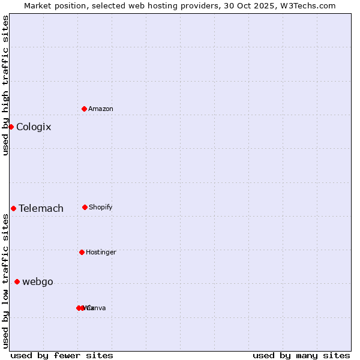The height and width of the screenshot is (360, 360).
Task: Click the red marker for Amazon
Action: click(84, 109)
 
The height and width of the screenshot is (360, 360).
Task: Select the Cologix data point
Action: click(11, 127)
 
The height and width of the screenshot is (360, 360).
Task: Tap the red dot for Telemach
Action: click(13, 208)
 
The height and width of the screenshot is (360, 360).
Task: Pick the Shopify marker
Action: click(85, 207)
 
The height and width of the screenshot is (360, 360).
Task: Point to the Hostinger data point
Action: click(82, 252)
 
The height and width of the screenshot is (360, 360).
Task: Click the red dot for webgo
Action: click(17, 281)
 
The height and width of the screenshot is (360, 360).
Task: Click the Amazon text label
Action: click(101, 109)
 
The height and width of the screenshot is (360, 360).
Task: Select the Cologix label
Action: click(34, 127)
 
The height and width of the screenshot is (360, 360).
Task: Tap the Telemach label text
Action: click(41, 208)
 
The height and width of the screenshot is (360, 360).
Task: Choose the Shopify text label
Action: click(101, 207)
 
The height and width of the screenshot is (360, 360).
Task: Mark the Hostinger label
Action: click(101, 252)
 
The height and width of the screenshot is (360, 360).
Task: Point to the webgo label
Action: click(38, 281)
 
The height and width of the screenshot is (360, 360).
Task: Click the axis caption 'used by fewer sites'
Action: click(62, 355)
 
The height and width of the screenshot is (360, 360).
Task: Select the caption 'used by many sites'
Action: click(301, 355)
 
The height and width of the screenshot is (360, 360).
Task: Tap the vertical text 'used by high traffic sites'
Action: click(5, 85)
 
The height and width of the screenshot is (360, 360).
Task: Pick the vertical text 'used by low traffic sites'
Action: click(5, 281)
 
